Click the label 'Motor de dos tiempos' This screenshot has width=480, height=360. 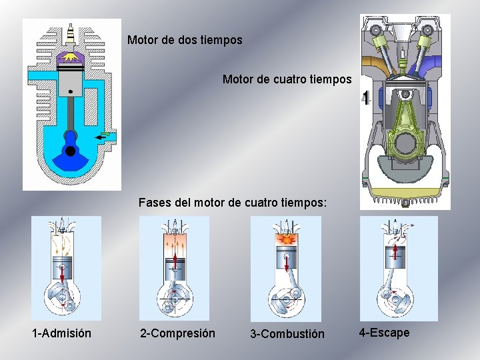[185, 40]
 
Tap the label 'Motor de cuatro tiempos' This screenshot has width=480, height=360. [287, 79]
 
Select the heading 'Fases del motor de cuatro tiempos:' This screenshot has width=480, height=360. [233, 201]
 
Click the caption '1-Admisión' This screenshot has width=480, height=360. [62, 333]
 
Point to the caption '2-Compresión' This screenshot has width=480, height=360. [177, 333]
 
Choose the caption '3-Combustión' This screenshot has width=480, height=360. [287, 333]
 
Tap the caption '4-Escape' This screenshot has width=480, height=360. [384, 332]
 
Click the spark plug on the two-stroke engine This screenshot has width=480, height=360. [70, 33]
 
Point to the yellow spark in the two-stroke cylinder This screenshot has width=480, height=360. [70, 59]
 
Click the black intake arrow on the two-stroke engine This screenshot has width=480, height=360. [102, 137]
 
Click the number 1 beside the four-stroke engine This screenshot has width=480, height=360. [365, 99]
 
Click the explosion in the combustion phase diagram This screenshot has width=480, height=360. [285, 237]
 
